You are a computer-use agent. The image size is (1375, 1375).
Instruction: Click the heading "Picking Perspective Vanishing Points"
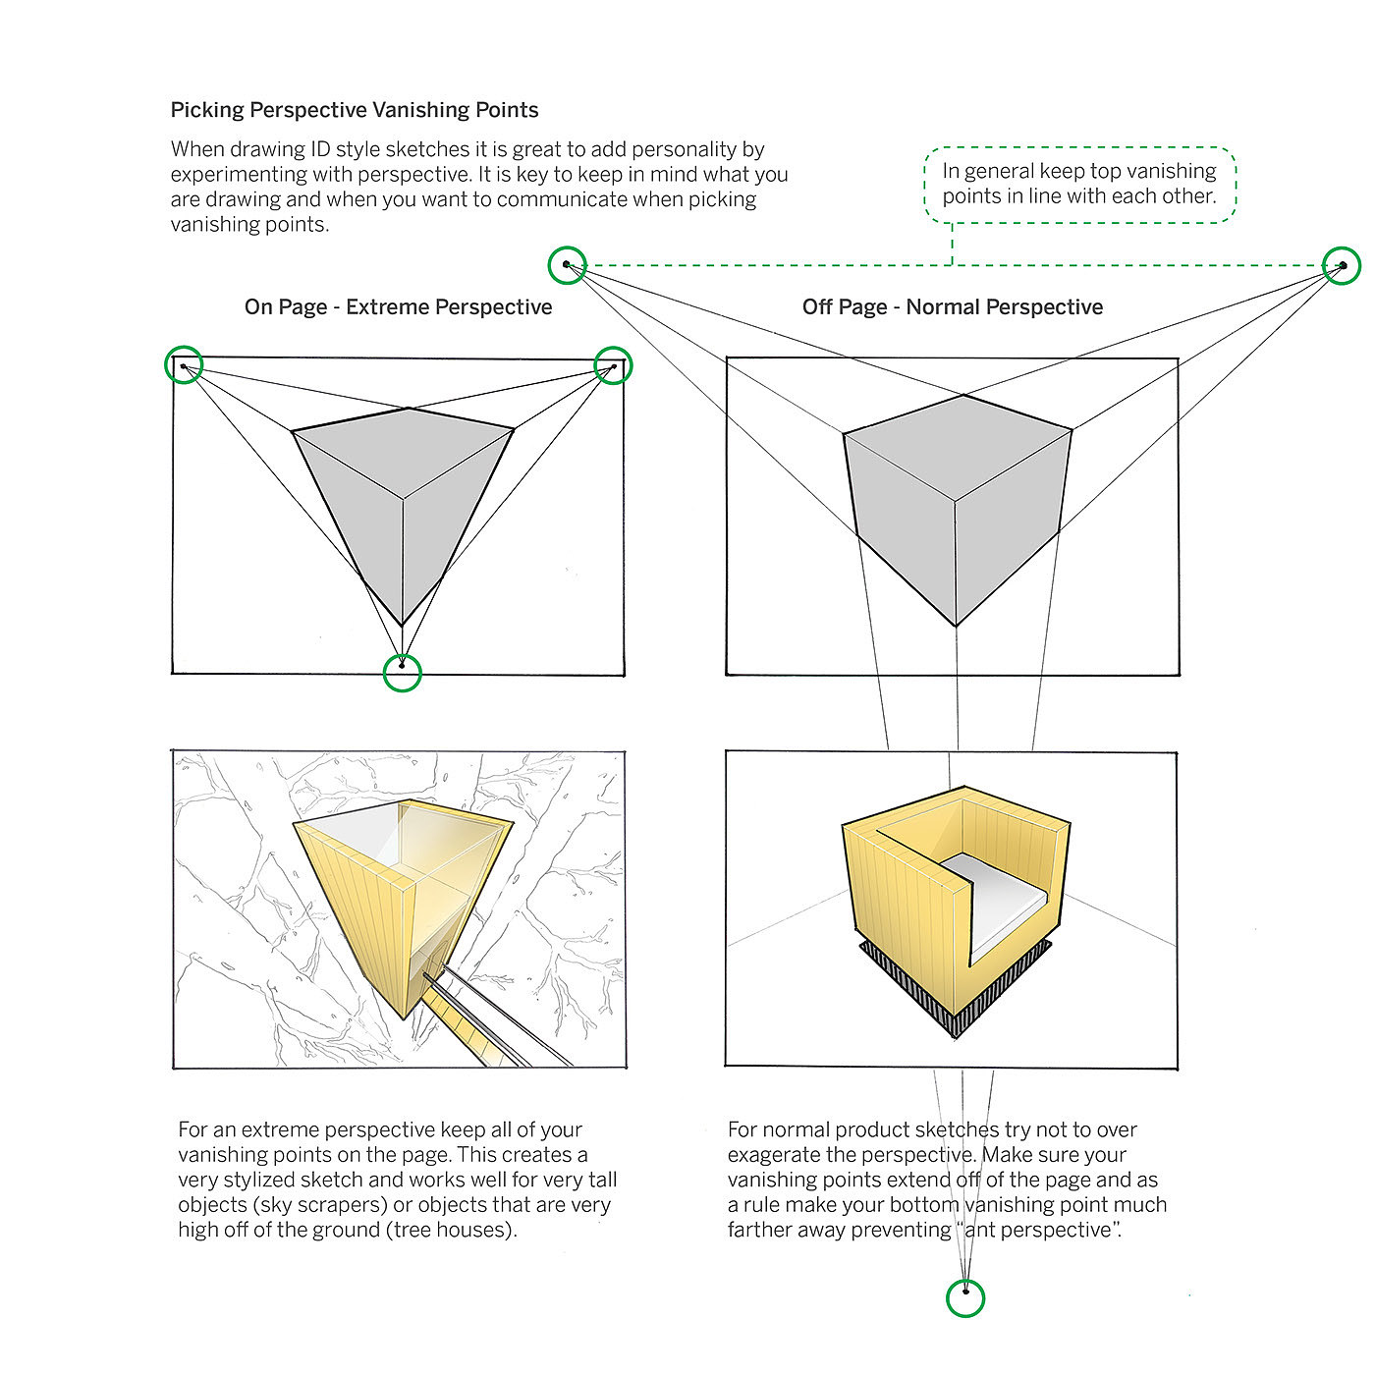click(355, 110)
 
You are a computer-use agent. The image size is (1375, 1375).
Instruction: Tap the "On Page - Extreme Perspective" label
click(398, 307)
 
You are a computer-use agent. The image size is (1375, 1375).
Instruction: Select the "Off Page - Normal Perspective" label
click(952, 307)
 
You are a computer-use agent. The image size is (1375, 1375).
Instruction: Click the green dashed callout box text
click(1078, 184)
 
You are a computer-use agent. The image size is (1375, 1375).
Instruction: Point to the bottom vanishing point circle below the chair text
click(965, 1297)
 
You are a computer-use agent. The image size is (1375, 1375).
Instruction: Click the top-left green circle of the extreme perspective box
click(184, 364)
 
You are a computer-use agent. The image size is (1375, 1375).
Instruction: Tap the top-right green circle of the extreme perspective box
click(614, 365)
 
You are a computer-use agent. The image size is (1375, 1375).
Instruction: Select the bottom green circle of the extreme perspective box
click(402, 673)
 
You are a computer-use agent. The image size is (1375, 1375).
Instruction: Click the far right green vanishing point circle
click(1342, 265)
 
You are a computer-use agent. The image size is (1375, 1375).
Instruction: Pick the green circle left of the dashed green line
click(568, 264)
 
